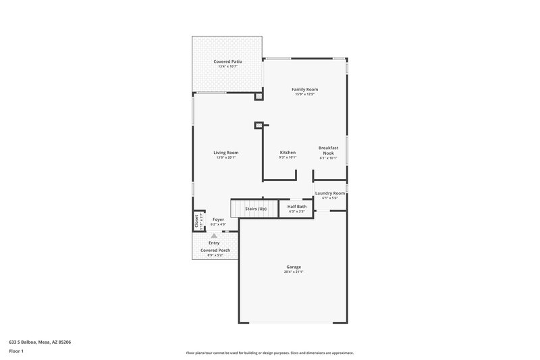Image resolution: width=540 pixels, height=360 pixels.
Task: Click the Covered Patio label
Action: click(227, 61)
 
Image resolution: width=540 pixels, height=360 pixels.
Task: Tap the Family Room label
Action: click(304, 89)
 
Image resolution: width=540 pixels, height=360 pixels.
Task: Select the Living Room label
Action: click(227, 153)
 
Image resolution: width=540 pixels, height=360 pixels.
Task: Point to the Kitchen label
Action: click(288, 153)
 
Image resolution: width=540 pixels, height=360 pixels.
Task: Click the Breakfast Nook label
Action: click(328, 150)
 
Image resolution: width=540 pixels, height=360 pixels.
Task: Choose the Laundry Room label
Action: click(329, 193)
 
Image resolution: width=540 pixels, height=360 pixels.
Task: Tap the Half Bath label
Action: click(297, 207)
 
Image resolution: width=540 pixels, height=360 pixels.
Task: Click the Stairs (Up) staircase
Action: click(255, 209)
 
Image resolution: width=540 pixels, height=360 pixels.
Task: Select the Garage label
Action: click(294, 267)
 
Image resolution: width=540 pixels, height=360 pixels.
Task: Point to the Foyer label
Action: click(218, 220)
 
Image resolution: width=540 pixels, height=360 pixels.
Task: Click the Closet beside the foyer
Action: click(198, 221)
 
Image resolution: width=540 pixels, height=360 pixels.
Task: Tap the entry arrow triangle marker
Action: click(214, 236)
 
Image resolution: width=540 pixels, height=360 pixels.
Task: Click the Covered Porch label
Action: click(215, 251)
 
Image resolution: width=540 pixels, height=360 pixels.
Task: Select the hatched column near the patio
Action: click(259, 97)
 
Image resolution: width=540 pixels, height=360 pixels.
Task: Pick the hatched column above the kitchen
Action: click(258, 125)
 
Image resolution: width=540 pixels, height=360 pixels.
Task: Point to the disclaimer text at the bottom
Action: click(270, 353)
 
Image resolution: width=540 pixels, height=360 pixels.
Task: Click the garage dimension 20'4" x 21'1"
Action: click(294, 272)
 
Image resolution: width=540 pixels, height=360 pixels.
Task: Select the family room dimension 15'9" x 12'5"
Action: click(304, 94)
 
